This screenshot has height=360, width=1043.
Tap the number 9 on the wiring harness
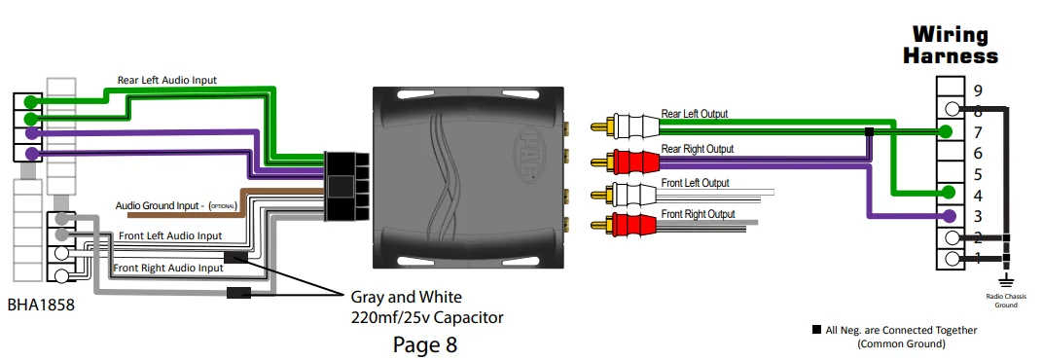977,90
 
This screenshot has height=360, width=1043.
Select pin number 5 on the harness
977,173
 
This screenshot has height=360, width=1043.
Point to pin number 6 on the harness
977,153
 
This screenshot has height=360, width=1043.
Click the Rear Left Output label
694,114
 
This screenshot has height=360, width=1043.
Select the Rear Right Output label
697,149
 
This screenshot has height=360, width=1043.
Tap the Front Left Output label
695,183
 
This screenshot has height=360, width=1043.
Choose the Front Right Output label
698,214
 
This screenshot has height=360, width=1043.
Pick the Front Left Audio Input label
169,235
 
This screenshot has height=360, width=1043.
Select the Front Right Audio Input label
168,268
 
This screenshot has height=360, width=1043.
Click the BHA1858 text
38,305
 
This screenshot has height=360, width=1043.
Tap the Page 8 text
424,343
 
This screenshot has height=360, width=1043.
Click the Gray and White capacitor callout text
427,307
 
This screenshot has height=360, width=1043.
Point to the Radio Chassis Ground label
1006,301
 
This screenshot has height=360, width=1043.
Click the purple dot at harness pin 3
947,215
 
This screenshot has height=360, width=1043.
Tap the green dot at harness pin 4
947,194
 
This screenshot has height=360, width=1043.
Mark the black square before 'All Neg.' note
815,330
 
